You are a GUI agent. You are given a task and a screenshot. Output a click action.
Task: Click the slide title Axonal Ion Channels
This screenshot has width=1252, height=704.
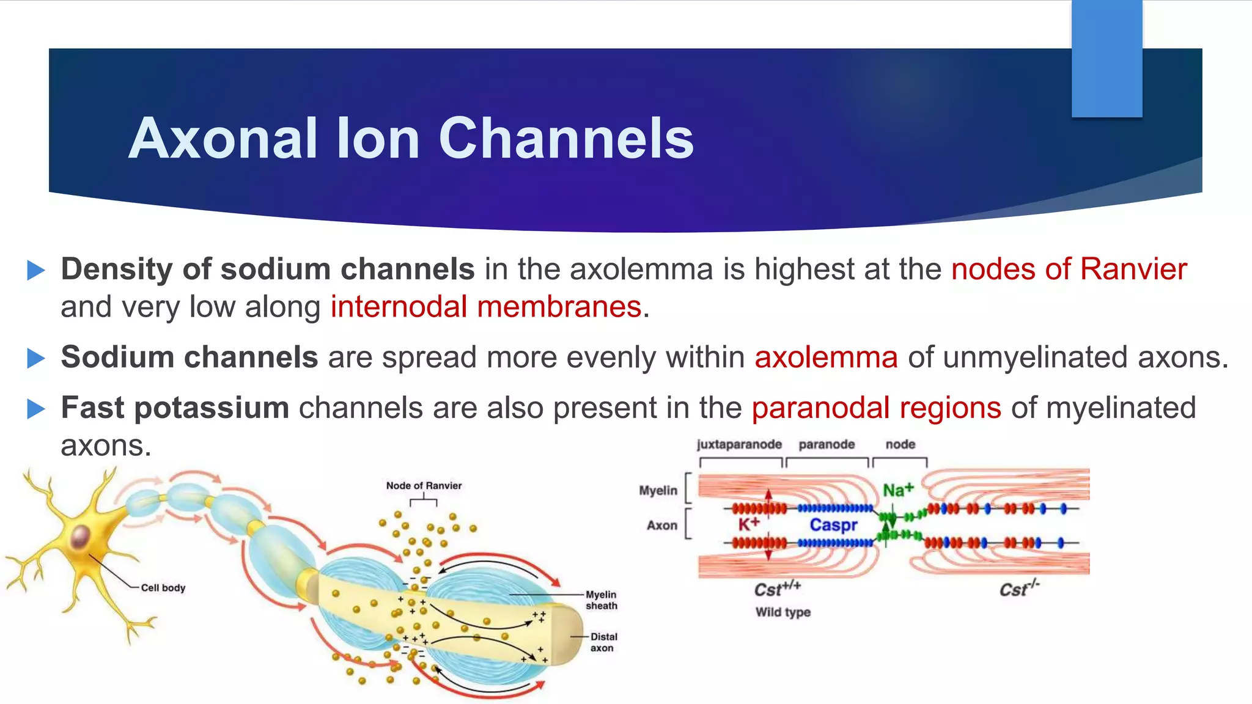point(411,139)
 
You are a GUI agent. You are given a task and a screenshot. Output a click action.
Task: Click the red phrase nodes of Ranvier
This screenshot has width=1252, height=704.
point(1069,269)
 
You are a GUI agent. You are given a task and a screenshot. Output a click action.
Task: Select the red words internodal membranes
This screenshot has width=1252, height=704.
point(486,307)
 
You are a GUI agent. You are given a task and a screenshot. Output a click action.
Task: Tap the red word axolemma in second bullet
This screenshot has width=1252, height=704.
point(826,358)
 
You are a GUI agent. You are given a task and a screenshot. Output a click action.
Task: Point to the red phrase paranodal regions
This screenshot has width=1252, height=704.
point(876,408)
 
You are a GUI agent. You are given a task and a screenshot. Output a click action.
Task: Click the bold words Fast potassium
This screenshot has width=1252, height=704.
point(175,408)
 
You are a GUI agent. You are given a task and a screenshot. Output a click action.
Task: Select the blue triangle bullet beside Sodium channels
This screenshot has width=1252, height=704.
point(36,358)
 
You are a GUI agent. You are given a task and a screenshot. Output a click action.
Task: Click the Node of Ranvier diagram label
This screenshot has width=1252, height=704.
point(424,486)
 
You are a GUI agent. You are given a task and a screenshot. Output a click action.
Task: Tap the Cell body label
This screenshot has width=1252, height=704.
point(163,588)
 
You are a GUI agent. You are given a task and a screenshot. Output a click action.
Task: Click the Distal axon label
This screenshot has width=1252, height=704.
point(603,642)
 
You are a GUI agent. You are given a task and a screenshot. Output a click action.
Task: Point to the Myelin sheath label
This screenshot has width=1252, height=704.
point(601,600)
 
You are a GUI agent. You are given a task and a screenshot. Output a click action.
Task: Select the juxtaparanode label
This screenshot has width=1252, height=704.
point(739,444)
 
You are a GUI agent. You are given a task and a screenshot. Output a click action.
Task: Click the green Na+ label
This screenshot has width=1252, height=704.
point(897,490)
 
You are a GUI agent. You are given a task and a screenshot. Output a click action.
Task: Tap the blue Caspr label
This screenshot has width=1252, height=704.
point(833,525)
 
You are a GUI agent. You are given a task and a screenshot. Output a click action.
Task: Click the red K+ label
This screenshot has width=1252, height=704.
point(748,524)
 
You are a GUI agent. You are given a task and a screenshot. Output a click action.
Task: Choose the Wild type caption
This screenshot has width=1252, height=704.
point(782,612)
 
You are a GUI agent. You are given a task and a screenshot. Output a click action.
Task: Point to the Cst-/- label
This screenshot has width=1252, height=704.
point(1018,589)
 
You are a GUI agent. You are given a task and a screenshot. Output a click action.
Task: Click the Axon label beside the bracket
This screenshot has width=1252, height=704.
point(662,526)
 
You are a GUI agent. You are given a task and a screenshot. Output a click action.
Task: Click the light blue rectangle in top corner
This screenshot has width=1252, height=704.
point(1107,58)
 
